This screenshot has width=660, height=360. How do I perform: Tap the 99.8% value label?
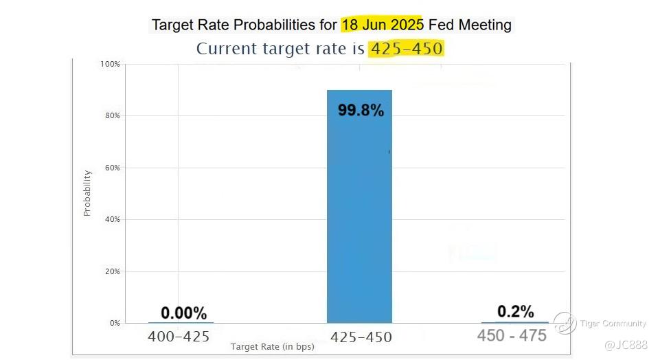361,110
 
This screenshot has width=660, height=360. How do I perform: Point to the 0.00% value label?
183,313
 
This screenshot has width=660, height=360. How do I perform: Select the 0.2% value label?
515,311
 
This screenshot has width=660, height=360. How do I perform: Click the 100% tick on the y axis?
110,64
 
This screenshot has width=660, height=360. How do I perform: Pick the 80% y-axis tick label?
112,115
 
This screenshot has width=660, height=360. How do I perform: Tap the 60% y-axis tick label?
112,168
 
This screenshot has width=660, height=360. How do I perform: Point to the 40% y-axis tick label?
112,219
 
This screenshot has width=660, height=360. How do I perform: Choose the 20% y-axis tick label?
112,271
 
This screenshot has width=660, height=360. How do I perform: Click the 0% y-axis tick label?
114,323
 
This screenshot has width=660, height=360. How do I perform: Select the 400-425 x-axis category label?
179,337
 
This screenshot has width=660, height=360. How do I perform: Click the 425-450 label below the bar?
361,337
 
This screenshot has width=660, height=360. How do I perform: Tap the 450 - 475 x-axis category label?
512,335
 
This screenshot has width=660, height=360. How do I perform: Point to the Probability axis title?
87,193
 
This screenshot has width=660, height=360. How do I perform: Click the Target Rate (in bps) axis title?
272,347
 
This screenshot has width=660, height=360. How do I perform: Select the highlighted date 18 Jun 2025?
383,25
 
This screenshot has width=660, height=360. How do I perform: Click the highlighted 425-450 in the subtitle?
406,49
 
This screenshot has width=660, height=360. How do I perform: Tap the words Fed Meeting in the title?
470,25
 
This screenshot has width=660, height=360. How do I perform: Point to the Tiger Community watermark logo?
565,323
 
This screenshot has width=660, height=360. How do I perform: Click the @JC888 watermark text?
626,344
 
